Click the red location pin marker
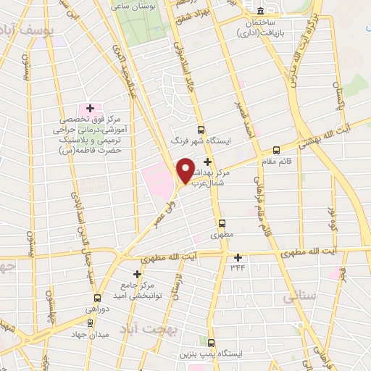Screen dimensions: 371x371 185,170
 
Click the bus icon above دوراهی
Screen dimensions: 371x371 97,297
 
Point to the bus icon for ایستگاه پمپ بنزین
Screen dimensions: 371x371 212,343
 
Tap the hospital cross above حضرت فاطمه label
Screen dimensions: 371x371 90,108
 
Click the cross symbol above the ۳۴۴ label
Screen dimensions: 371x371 238,257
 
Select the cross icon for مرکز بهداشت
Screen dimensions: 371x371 209,162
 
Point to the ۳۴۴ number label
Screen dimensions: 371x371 238,267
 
